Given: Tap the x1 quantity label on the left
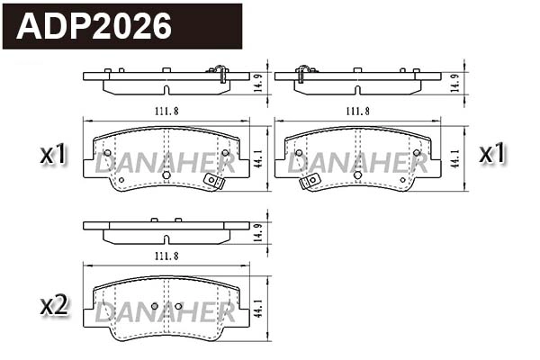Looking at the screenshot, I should (x=54, y=155).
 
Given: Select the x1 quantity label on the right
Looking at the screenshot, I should (x=491, y=154).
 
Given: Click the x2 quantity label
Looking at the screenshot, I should (x=54, y=306).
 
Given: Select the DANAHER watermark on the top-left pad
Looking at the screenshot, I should (x=166, y=163).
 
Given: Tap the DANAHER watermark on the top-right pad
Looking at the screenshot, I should (x=356, y=163).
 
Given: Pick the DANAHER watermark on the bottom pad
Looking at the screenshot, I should (x=166, y=313).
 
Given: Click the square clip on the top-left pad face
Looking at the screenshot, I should (x=213, y=180).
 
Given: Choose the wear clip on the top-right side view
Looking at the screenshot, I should (x=304, y=70).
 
